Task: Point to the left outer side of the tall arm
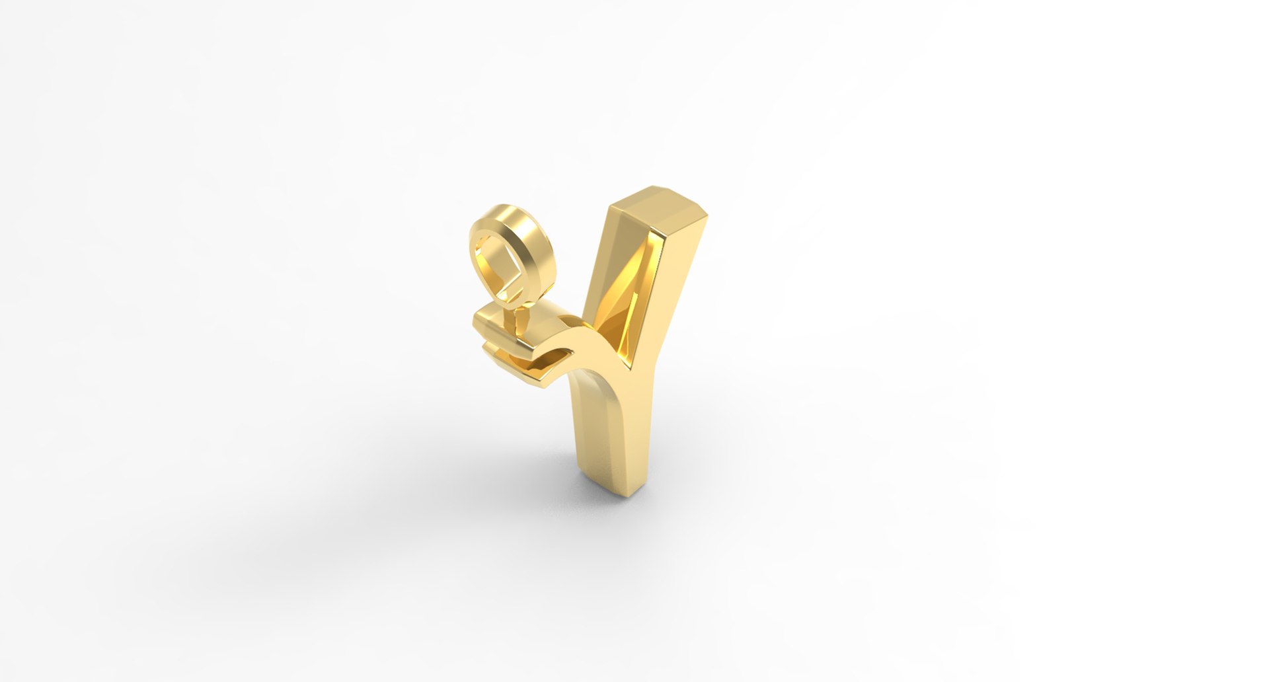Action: (605, 264)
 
